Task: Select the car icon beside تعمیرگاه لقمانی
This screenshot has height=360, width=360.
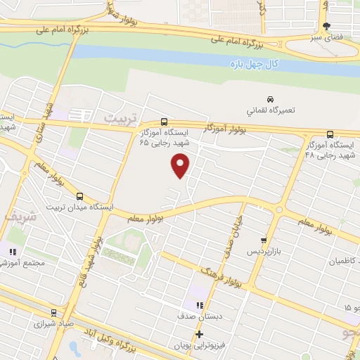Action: click(x=271, y=99)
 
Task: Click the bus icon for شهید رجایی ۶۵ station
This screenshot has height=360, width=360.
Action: click(x=165, y=121)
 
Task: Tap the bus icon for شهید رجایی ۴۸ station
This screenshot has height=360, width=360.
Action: click(x=330, y=134)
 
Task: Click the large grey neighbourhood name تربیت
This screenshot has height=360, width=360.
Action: click(x=118, y=117)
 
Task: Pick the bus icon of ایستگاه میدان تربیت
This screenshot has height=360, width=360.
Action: click(x=79, y=196)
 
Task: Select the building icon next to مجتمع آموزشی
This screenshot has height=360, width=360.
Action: click(x=12, y=251)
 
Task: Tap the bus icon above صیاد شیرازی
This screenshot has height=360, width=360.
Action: click(x=53, y=313)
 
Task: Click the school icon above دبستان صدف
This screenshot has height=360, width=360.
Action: click(x=199, y=306)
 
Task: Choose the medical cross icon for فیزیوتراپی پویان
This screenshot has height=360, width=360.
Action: click(x=199, y=334)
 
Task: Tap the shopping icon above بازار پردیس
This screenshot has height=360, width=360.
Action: click(x=264, y=239)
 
